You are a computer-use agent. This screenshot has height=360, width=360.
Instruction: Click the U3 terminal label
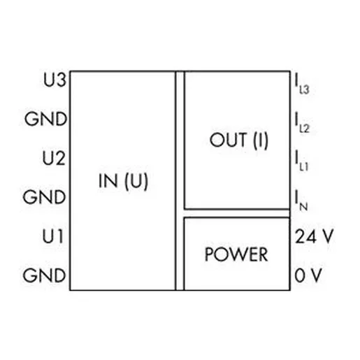pos(55,80)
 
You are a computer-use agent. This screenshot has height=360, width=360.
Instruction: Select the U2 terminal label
pos(54,158)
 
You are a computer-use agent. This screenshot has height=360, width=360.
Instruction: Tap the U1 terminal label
pos(53,236)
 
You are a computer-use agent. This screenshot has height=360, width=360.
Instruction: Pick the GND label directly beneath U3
pos(46,119)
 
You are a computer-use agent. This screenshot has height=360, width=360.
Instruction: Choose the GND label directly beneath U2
pos(44,197)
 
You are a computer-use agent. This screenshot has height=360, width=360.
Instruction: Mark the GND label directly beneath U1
pos(44,275)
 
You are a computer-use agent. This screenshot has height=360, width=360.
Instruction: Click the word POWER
pos(236,254)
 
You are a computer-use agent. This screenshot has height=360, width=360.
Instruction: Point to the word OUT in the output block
pos(228,140)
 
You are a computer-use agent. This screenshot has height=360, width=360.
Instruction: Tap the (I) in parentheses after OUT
pos(261,141)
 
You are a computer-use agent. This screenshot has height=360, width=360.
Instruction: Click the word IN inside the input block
pos(108,180)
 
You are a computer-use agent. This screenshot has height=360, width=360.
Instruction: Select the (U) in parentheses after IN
pos(136,181)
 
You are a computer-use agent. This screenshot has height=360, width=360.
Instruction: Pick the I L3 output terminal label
pos(302,85)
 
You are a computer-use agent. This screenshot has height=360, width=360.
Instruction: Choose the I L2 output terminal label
pos(302,122)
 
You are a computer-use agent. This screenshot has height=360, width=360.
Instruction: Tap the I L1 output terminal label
pos(301,161)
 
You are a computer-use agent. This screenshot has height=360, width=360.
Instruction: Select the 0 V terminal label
pos(308,275)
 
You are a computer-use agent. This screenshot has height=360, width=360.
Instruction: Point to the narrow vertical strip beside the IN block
pos(180,181)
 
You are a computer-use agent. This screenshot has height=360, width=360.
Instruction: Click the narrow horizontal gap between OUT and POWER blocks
pos(237,213)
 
